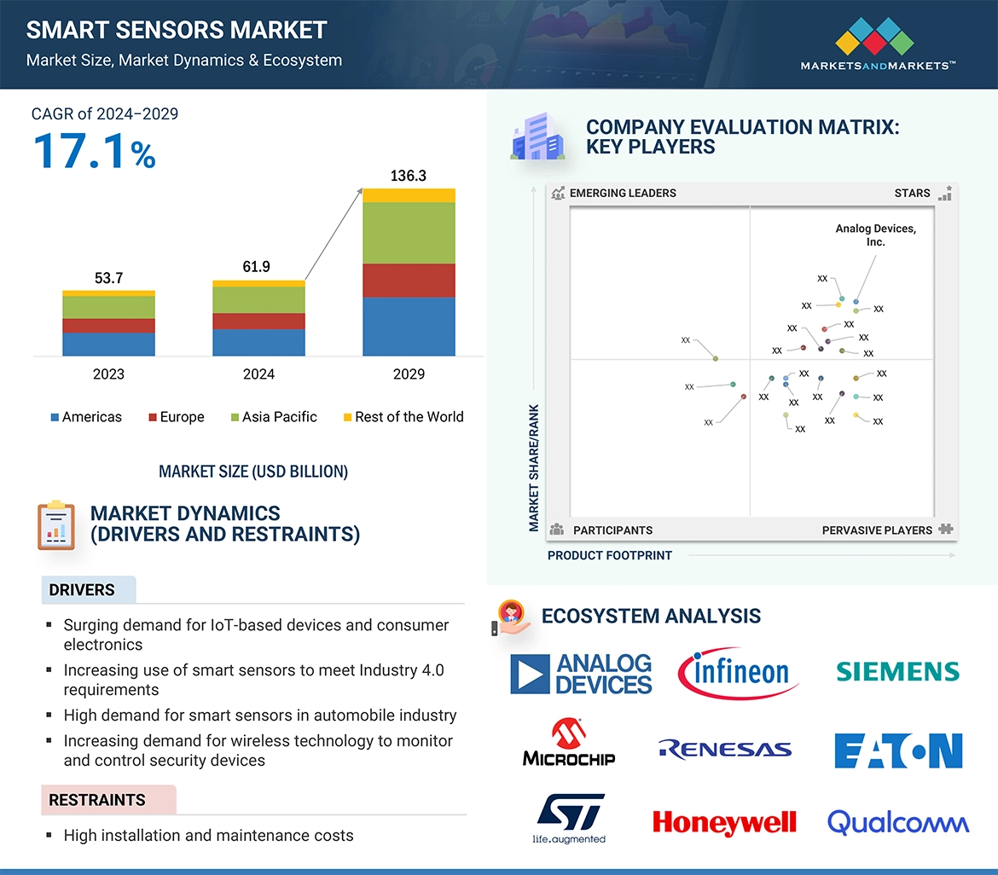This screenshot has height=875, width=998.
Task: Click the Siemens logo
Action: [897, 672]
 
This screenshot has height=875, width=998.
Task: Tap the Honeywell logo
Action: [724, 822]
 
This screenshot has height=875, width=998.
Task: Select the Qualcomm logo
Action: [897, 822]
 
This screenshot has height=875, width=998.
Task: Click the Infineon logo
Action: [738, 672]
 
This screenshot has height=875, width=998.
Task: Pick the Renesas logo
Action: [725, 750]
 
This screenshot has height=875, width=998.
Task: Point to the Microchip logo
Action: [568, 742]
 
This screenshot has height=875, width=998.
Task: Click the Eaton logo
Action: [897, 750]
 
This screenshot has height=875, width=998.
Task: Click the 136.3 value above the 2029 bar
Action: [408, 177]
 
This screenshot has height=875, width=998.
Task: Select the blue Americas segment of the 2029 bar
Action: [409, 326]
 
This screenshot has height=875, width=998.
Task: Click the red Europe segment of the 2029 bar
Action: [409, 281]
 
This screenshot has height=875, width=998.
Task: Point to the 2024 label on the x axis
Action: [258, 374]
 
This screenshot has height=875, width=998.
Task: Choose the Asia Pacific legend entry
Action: [273, 417]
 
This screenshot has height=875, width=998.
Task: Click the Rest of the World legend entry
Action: [403, 417]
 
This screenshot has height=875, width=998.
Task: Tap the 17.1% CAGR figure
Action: [94, 151]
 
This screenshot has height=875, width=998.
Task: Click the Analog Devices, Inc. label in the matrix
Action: [875, 235]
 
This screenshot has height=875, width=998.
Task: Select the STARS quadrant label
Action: [912, 194]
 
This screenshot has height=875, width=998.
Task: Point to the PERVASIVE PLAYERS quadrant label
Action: [877, 530]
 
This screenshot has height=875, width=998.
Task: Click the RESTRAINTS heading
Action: [97, 800]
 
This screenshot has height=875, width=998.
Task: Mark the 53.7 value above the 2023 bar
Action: [108, 278]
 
